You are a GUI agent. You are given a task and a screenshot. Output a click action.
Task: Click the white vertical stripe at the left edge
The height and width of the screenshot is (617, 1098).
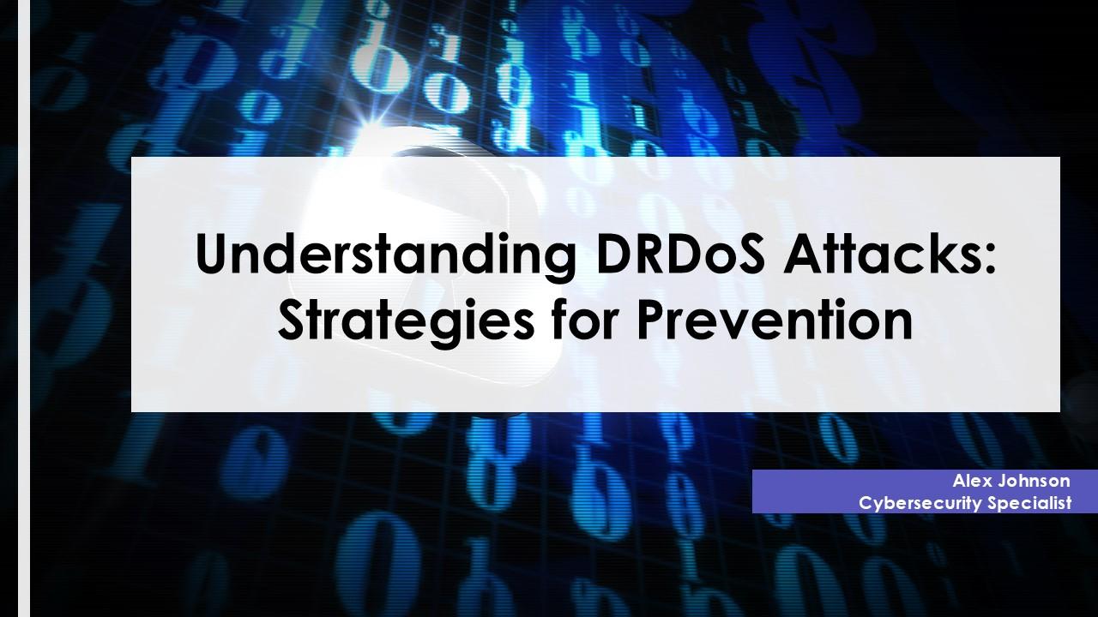click(24, 308)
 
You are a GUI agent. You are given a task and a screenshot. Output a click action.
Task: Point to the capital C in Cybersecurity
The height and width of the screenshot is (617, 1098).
click(866, 503)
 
